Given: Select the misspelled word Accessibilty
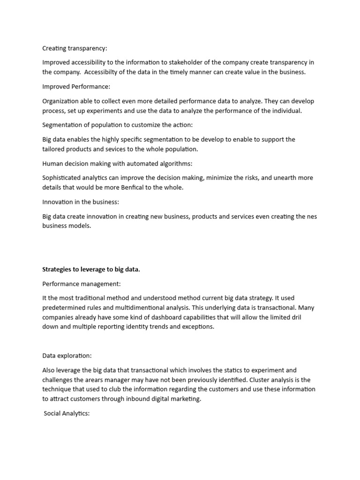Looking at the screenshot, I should pos(91,72).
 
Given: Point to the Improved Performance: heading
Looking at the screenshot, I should pos(75,87).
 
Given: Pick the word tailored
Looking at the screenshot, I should pos(53,149).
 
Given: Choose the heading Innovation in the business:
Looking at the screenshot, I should pos(81,202).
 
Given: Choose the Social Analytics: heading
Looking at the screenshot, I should pos(66,414).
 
